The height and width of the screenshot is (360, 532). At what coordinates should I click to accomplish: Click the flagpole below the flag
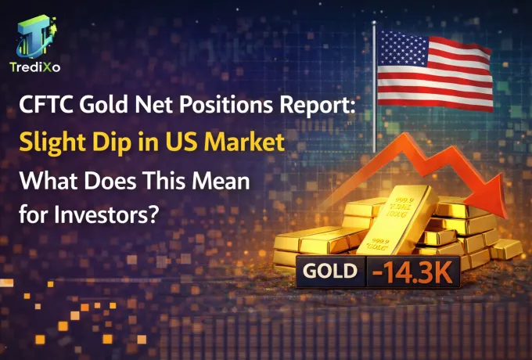click(375, 125)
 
